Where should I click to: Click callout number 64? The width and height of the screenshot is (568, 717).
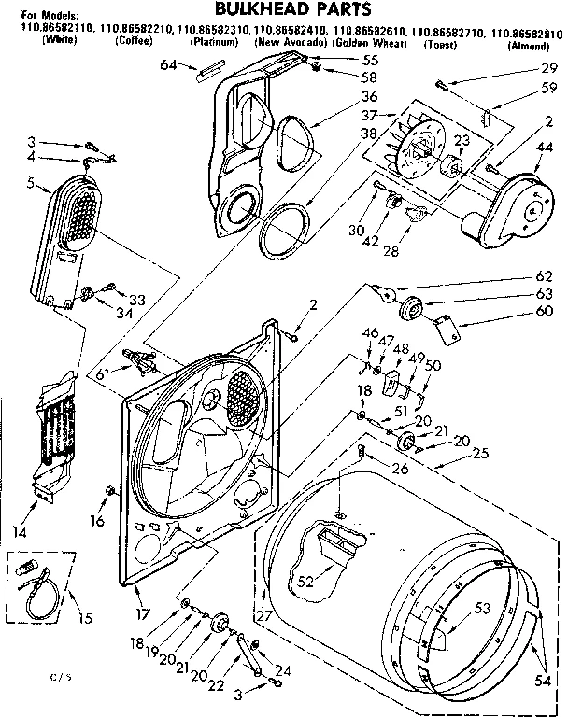click(168, 64)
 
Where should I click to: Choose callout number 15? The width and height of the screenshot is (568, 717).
click(88, 618)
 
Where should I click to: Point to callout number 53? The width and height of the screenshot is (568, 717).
click(480, 608)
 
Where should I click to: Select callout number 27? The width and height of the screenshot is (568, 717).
click(263, 615)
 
